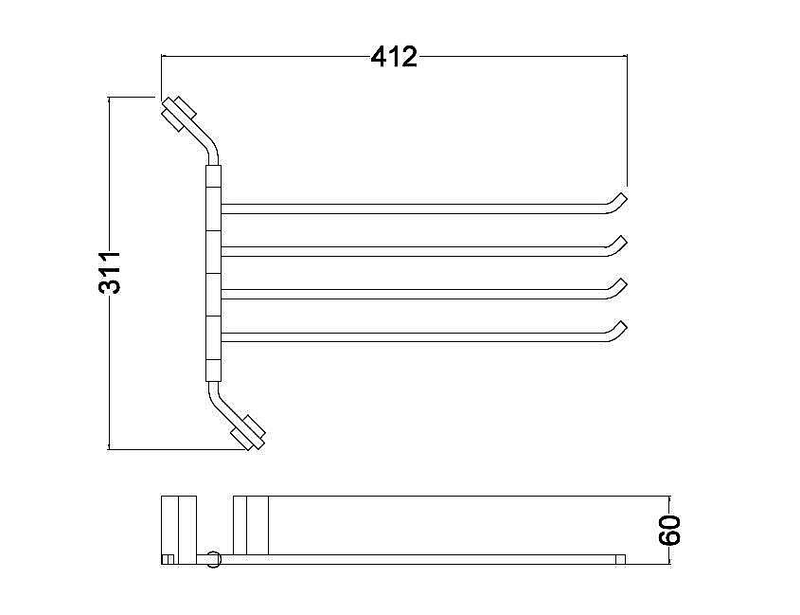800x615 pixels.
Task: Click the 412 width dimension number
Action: tap(394, 57)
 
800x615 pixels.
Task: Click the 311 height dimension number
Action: tap(110, 273)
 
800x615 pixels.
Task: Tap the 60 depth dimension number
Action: tap(670, 531)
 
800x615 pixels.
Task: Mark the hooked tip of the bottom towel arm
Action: tap(618, 330)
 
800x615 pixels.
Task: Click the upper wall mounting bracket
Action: tap(179, 113)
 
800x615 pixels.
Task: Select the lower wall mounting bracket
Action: tap(248, 433)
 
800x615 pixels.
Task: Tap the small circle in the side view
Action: tap(214, 559)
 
